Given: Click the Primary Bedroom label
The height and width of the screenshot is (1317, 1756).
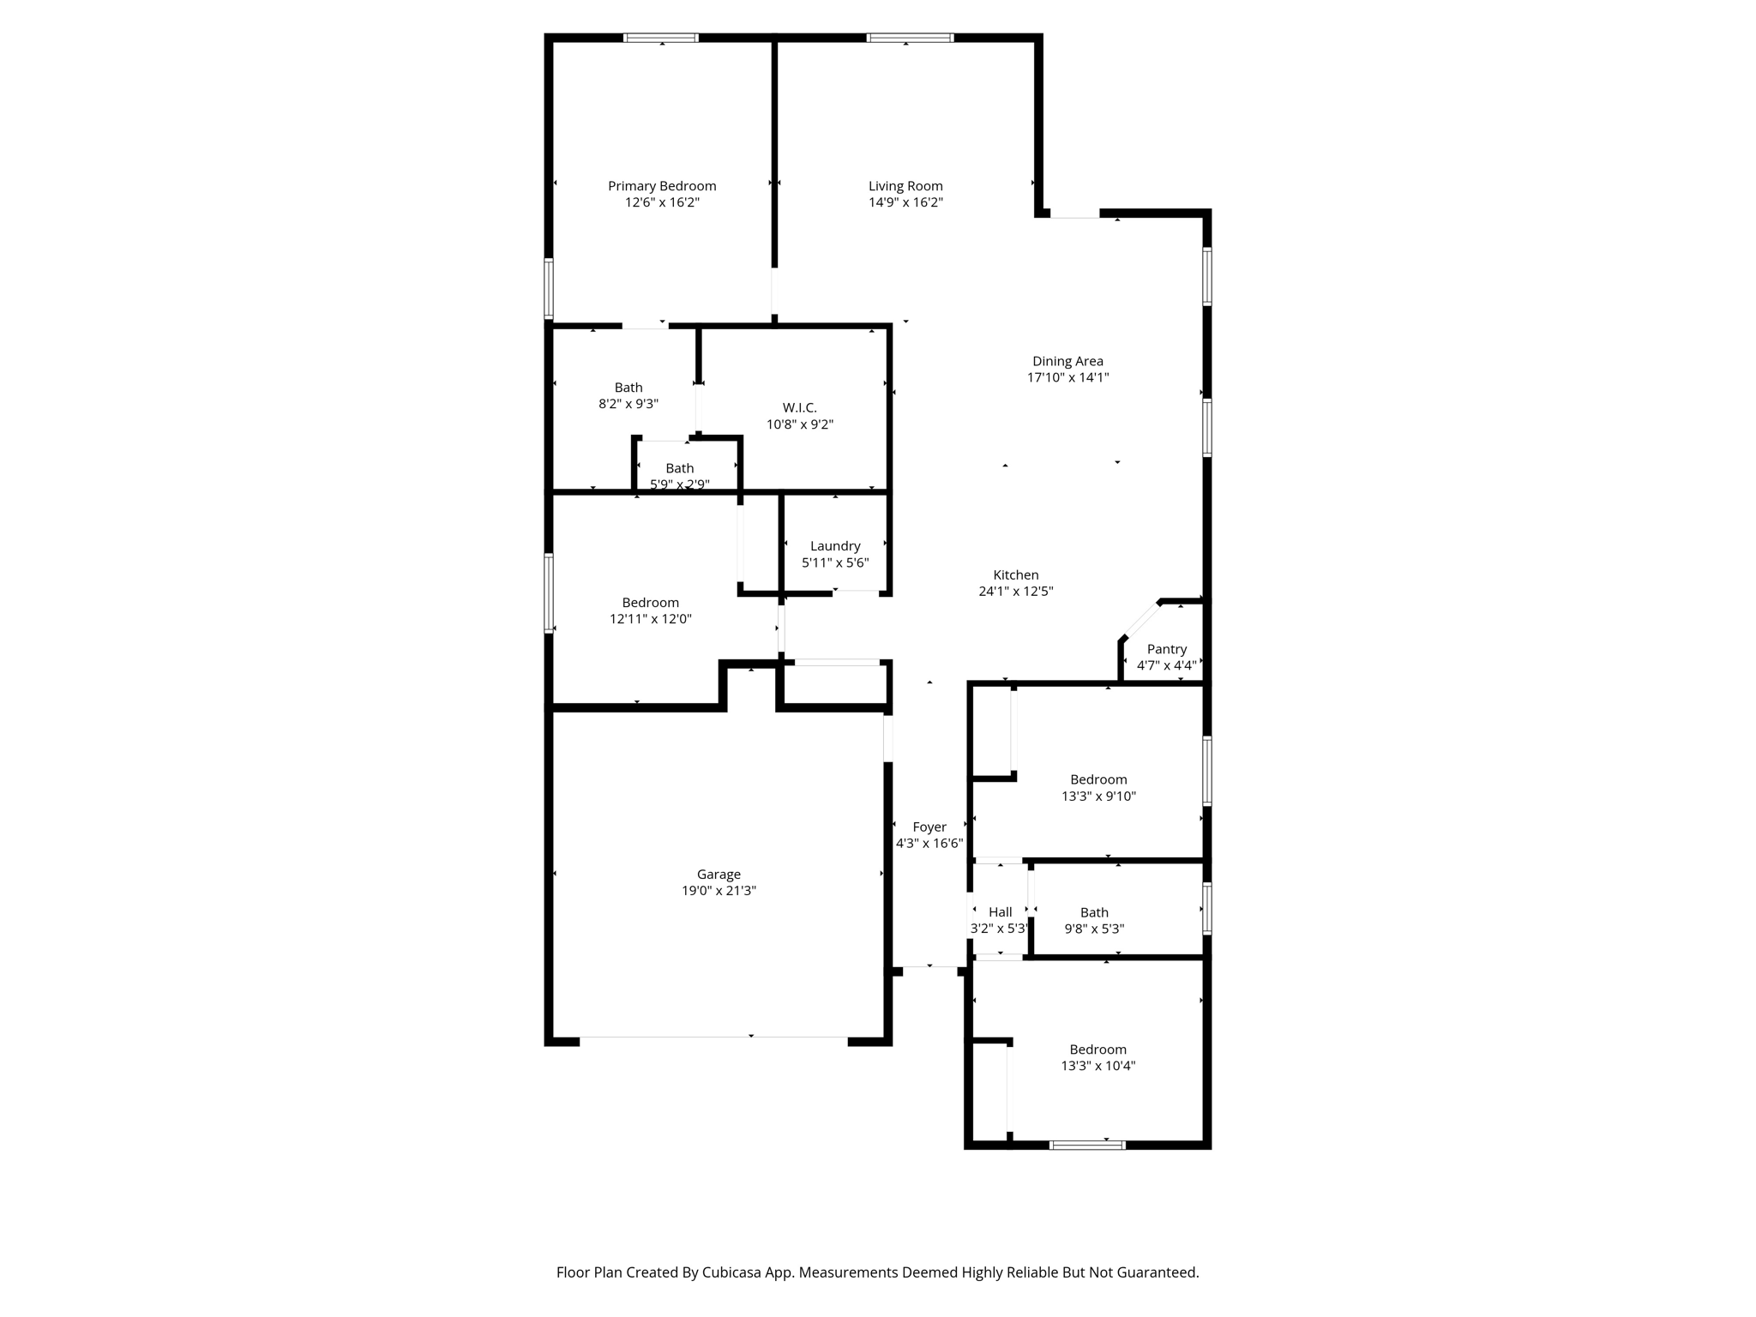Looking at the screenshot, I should pyautogui.click(x=662, y=186).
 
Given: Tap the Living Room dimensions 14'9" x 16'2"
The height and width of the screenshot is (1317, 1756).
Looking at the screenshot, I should pyautogui.click(x=905, y=202).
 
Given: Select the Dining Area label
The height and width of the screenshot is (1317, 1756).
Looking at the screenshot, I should pyautogui.click(x=1067, y=361).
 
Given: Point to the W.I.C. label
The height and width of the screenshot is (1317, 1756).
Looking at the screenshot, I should pyautogui.click(x=799, y=407).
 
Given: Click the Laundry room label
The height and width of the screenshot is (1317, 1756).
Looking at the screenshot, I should pyautogui.click(x=835, y=546).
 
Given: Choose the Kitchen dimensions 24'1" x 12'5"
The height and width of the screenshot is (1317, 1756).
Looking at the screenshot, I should pyautogui.click(x=1015, y=591).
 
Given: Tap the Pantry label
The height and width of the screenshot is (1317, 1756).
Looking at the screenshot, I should pyautogui.click(x=1166, y=649).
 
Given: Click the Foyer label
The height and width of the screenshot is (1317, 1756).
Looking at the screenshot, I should pyautogui.click(x=929, y=827).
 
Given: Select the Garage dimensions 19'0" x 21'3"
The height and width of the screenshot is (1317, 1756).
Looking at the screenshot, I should pyautogui.click(x=719, y=891).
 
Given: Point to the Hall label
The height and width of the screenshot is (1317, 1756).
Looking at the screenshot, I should pyautogui.click(x=1000, y=912).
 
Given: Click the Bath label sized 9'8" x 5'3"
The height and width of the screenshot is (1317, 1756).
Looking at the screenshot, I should pyautogui.click(x=1094, y=912).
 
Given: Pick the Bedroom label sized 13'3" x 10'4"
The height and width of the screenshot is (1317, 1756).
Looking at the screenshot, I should pyautogui.click(x=1097, y=1049).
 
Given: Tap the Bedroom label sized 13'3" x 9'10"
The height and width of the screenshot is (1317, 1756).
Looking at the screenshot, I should pyautogui.click(x=1098, y=779).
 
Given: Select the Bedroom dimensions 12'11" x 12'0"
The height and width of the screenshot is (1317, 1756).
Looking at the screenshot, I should pyautogui.click(x=650, y=619).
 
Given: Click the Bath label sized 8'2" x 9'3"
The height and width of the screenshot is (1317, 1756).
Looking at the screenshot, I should pyautogui.click(x=628, y=388).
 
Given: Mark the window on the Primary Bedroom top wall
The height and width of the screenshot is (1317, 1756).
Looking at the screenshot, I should pyautogui.click(x=660, y=38).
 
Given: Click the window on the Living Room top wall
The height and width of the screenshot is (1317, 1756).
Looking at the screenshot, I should pyautogui.click(x=910, y=38).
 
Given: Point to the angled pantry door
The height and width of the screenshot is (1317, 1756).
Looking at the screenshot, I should pyautogui.click(x=1141, y=619).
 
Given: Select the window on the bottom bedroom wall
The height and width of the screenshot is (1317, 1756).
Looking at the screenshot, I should pyautogui.click(x=1087, y=1145).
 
